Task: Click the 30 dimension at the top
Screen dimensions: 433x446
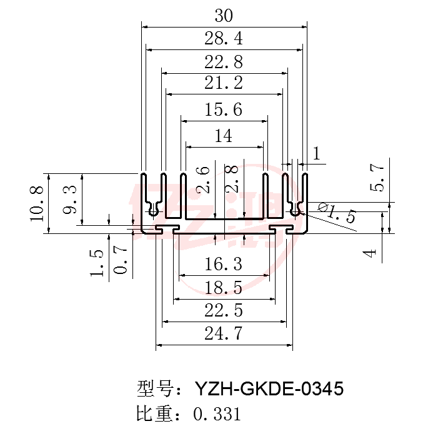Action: pos(224,16)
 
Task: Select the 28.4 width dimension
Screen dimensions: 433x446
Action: pos(224,38)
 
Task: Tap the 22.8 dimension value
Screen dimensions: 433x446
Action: pos(224,62)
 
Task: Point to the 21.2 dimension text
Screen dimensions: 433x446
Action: pos(224,83)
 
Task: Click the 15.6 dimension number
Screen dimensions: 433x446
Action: pos(224,110)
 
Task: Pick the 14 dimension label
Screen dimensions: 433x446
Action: pos(224,136)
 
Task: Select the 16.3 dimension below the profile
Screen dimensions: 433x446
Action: pos(224,264)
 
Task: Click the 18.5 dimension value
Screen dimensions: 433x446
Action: pos(224,287)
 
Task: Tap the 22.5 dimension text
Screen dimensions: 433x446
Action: pos(224,310)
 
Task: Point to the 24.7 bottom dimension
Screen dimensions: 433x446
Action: pos(224,333)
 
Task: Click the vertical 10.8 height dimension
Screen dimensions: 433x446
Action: pos(37,203)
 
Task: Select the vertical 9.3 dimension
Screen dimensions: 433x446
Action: pos(69,199)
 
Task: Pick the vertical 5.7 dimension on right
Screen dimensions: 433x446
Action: pos(377,178)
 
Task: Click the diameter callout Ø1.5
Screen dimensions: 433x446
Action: pos(337,213)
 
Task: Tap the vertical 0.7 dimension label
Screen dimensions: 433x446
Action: pos(121,260)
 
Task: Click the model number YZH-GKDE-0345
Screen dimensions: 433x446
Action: pos(269,388)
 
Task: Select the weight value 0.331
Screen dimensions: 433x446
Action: pos(217,414)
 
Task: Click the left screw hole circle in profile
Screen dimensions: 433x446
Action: pos(153,212)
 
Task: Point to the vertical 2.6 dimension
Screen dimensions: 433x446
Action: pos(203,180)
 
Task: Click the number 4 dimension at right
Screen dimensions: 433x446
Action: pos(371,253)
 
